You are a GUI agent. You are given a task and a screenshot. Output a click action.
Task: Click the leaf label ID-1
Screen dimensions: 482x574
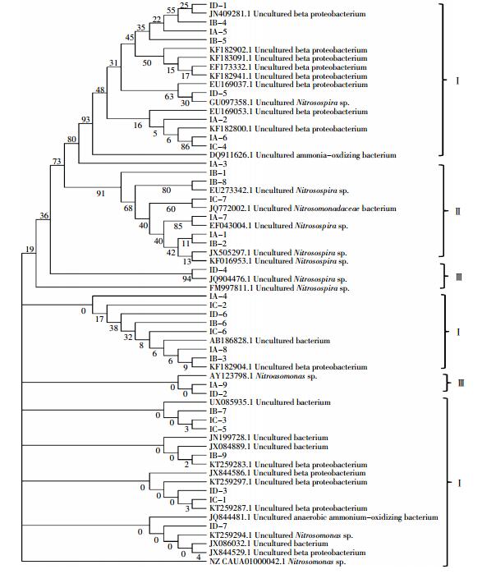(x=218, y=6)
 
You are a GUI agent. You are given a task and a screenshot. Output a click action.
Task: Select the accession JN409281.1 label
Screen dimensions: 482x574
(x=287, y=14)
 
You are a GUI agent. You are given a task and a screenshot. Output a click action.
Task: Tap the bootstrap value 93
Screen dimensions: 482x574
(x=85, y=120)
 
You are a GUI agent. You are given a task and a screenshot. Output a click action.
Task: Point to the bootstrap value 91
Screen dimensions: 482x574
(x=100, y=193)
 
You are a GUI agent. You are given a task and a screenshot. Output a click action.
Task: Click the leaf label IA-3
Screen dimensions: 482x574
(x=218, y=164)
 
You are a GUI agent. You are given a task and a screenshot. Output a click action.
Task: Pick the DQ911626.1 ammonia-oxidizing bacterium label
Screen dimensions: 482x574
(x=303, y=155)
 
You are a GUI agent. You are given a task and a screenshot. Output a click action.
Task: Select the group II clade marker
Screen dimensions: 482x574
(x=457, y=211)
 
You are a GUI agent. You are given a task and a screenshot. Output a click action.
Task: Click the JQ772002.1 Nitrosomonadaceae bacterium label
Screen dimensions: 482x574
(x=303, y=209)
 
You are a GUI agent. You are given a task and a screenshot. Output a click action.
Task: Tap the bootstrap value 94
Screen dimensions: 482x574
(x=186, y=279)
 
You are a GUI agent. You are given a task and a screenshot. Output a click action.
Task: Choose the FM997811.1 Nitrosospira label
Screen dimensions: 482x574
(x=279, y=288)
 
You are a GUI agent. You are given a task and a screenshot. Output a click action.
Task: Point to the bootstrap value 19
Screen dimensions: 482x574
(x=30, y=250)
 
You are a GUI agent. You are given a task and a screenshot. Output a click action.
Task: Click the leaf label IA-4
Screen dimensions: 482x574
(x=218, y=296)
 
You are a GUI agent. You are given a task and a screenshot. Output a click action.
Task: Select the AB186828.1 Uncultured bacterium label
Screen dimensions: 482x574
(x=269, y=341)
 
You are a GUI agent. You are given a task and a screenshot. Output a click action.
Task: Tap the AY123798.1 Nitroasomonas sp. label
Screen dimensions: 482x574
(x=263, y=376)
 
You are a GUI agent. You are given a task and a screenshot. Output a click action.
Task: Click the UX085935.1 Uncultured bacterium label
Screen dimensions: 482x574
(x=269, y=402)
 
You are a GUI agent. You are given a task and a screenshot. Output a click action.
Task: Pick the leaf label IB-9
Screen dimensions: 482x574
(x=218, y=456)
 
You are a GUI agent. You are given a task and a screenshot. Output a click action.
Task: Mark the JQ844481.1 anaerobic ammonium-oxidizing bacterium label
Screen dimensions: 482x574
(x=324, y=517)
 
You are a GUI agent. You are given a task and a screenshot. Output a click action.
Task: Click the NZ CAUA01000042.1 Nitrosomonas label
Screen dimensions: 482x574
(x=278, y=562)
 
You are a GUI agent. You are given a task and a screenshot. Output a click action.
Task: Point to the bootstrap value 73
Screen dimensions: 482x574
(x=57, y=162)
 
